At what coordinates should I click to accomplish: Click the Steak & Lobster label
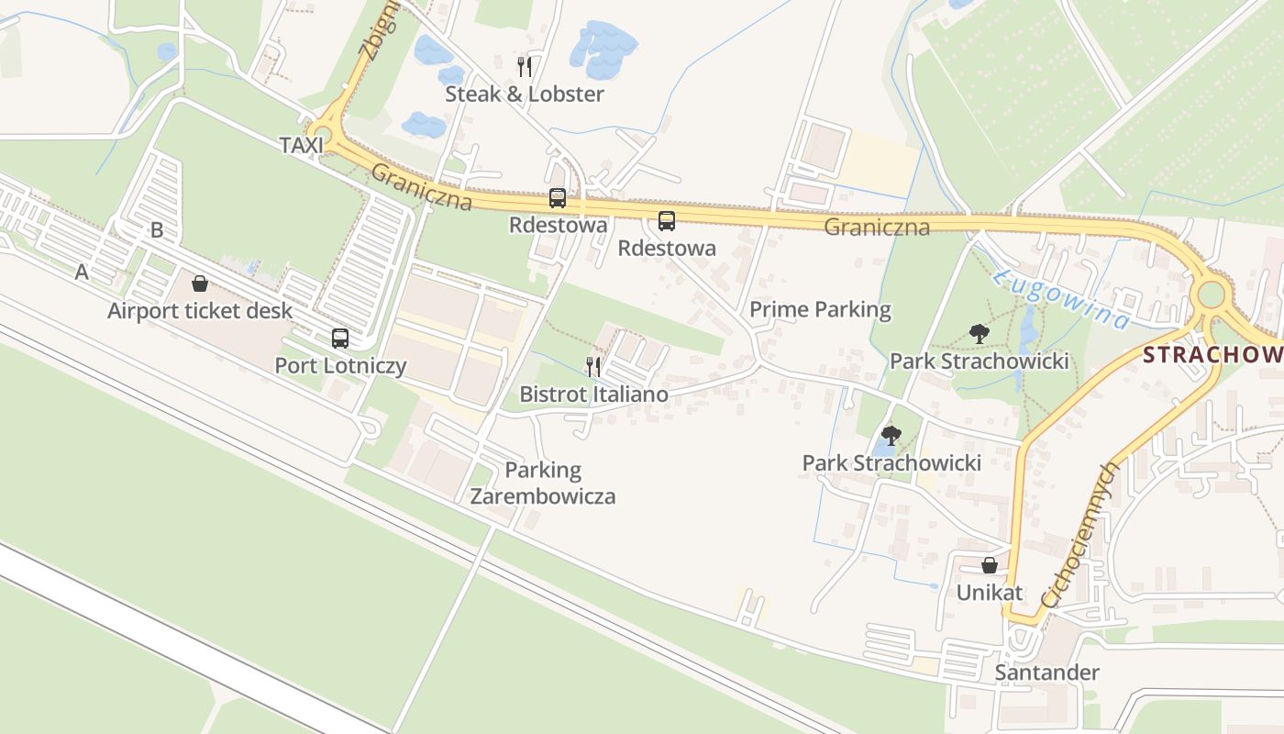525,94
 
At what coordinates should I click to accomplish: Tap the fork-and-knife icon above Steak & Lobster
525,66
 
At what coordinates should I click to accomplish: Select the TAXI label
302,145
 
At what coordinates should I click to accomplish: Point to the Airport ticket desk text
200,311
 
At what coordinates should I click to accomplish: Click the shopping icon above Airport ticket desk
200,284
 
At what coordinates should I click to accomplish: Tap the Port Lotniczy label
340,366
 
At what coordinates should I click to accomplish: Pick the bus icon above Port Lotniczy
340,339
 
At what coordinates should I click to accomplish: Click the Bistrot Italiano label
593,395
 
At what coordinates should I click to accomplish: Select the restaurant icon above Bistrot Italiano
593,367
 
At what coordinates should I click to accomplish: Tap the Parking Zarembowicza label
543,484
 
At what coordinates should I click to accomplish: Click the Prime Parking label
820,309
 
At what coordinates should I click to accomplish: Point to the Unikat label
990,593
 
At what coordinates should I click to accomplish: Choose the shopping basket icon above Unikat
990,565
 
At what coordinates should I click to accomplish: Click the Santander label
1047,673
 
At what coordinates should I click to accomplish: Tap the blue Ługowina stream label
1062,299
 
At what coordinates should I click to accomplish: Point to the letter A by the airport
83,272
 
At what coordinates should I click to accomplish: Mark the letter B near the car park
157,230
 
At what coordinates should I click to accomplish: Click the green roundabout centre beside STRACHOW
1211,295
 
